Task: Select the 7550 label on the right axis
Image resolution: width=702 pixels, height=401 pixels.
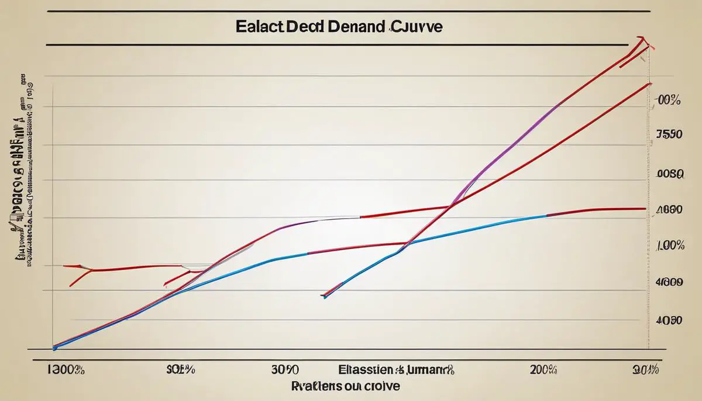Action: (x=669, y=134)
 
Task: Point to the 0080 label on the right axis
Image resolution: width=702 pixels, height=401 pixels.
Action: (x=669, y=174)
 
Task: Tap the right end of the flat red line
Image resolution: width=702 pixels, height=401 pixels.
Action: (x=645, y=208)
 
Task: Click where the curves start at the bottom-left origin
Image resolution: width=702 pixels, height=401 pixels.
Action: (x=54, y=347)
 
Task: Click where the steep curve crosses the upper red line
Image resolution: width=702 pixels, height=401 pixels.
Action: (x=451, y=206)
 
